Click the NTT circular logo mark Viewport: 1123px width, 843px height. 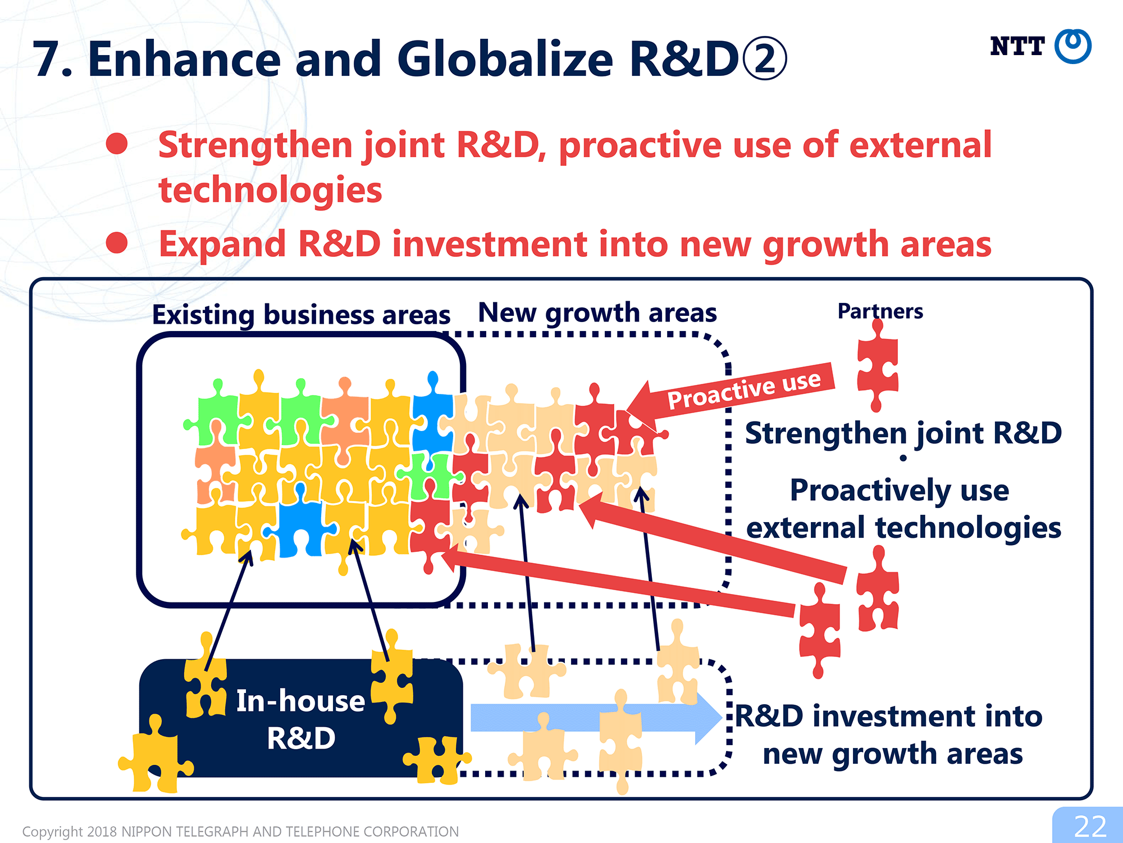(1072, 46)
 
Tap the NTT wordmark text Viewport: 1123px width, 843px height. (1017, 46)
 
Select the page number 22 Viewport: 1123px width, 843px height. (1090, 826)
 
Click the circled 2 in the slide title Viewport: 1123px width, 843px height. (765, 59)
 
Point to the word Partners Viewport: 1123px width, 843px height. (880, 311)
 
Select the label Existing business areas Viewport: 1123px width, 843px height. (301, 315)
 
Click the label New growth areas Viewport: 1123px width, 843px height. (597, 312)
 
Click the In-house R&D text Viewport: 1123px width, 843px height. (301, 719)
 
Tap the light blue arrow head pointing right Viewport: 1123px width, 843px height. (708, 718)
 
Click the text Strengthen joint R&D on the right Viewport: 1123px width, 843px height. (903, 433)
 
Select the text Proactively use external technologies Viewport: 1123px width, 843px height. (903, 509)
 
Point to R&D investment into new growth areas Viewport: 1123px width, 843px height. (889, 735)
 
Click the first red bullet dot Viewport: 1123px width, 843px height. (117, 143)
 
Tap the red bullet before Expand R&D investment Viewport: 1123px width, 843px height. (117, 243)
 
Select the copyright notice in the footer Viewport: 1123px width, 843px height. (240, 831)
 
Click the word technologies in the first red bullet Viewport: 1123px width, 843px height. (270, 189)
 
